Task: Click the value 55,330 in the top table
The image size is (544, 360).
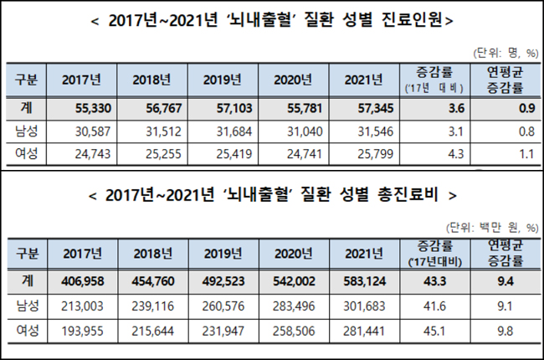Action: pyautogui.click(x=93, y=108)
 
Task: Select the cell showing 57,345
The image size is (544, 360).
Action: pyautogui.click(x=376, y=108)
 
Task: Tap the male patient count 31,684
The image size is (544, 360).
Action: pyautogui.click(x=234, y=131)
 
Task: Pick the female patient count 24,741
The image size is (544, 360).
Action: pyautogui.click(x=305, y=154)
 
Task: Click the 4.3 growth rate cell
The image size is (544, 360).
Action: pyautogui.click(x=455, y=154)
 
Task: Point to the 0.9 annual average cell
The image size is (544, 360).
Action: pyautogui.click(x=526, y=108)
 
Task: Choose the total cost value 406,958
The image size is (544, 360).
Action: pyautogui.click(x=83, y=280)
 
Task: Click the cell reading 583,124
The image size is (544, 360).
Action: pyautogui.click(x=365, y=280)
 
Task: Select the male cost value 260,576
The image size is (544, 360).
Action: pyautogui.click(x=223, y=306)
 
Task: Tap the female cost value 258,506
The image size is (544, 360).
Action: pyautogui.click(x=294, y=331)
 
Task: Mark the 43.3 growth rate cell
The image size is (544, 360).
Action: pyautogui.click(x=434, y=280)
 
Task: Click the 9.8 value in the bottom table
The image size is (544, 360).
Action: pyautogui.click(x=506, y=331)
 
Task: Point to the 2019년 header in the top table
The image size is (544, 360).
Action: pyautogui.click(x=223, y=80)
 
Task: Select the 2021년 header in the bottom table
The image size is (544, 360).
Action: pyautogui.click(x=364, y=254)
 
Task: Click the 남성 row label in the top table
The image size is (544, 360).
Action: pyautogui.click(x=27, y=131)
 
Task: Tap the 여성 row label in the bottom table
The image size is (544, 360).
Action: pyautogui.click(x=28, y=331)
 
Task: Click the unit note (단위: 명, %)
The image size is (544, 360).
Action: pyautogui.click(x=506, y=53)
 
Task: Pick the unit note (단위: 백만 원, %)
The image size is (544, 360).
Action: pyautogui.click(x=492, y=228)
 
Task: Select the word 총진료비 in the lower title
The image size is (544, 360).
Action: pyautogui.click(x=408, y=194)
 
